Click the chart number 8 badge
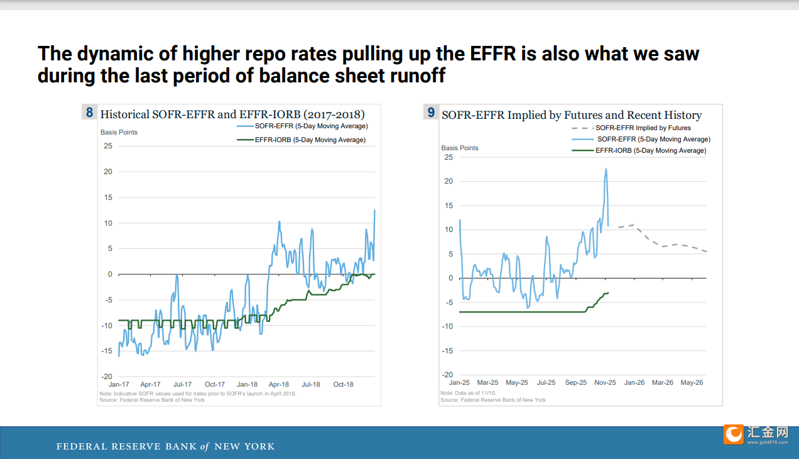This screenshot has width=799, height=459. [x=90, y=112]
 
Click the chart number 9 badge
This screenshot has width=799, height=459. [x=431, y=112]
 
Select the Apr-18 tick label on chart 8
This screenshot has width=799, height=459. [x=278, y=384]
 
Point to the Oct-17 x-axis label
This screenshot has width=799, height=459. [x=215, y=384]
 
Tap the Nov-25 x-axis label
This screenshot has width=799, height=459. [x=605, y=383]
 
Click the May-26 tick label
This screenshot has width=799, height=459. [x=692, y=383]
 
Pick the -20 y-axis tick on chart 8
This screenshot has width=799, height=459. [x=107, y=377]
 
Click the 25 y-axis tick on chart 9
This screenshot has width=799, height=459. [x=448, y=157]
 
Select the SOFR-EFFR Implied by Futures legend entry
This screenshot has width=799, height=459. [x=631, y=128]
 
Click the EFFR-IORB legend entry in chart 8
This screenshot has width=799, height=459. [x=302, y=140]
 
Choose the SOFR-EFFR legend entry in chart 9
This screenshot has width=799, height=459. [x=641, y=139]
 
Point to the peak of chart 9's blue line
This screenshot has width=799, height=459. [x=606, y=169]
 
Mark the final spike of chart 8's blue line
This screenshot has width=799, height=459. [x=374, y=210]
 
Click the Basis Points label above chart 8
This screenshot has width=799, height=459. [x=119, y=133]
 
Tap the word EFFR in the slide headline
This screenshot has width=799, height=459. [x=492, y=54]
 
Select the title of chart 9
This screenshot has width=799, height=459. [x=572, y=115]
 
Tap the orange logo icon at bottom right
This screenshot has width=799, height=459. [x=734, y=434]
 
